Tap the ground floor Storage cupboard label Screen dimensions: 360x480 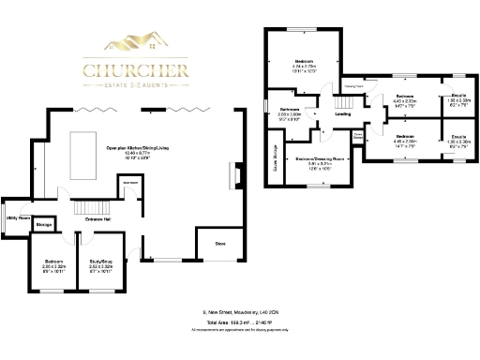pyautogui.click(x=44, y=226)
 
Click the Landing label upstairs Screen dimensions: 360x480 pyautogui.click(x=343, y=115)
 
